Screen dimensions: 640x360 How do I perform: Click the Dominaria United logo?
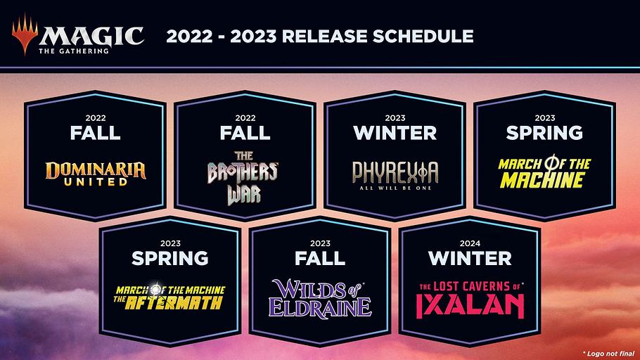pyautogui.click(x=96, y=174)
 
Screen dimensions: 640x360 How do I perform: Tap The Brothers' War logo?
pyautogui.click(x=243, y=178)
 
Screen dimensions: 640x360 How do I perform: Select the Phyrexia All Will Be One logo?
pyautogui.click(x=395, y=175)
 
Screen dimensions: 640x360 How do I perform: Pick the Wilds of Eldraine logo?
pyautogui.click(x=320, y=298)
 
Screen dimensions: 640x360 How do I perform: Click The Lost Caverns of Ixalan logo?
pyautogui.click(x=471, y=300)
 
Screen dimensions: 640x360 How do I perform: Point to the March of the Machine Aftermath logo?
pyautogui.click(x=169, y=297)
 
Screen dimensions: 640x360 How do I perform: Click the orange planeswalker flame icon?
pyautogui.click(x=25, y=34)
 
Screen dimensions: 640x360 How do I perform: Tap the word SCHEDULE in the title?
pyautogui.click(x=423, y=37)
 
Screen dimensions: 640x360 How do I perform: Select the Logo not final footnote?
pyautogui.click(x=608, y=354)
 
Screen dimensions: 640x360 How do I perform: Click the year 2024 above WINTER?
pyautogui.click(x=470, y=243)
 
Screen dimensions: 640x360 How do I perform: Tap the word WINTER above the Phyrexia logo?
pyautogui.click(x=395, y=133)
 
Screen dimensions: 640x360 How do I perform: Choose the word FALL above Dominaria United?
pyautogui.click(x=95, y=133)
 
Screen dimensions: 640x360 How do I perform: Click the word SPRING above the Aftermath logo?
pyautogui.click(x=169, y=258)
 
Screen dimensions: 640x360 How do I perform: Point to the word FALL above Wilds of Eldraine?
pyautogui.click(x=320, y=258)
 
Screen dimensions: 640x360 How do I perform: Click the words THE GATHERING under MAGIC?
pyautogui.click(x=74, y=51)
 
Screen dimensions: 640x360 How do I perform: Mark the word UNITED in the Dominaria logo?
pyautogui.click(x=96, y=182)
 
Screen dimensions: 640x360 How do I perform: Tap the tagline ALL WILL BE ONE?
pyautogui.click(x=395, y=188)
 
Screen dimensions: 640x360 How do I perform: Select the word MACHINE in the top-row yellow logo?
pyautogui.click(x=542, y=180)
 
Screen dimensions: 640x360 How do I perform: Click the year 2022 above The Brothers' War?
pyautogui.click(x=245, y=118)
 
